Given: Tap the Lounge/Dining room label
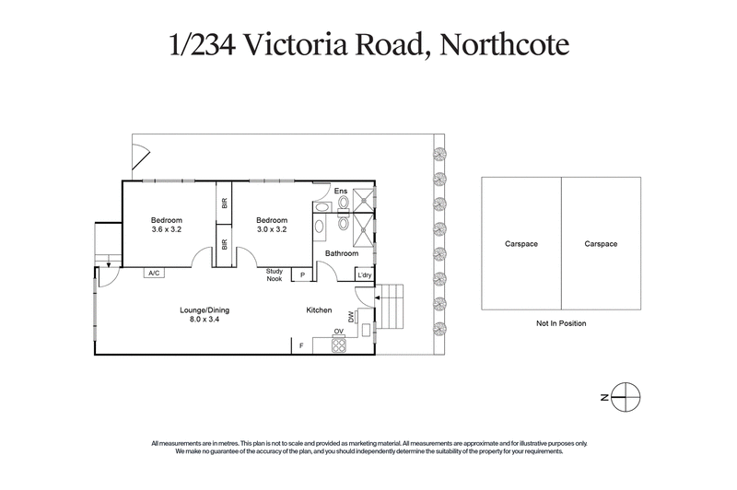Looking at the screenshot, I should pos(204,310).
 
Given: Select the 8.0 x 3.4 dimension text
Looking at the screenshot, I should pos(204,321).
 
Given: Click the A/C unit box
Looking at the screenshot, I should pos(154,274).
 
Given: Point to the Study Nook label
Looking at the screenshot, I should pos(275,274).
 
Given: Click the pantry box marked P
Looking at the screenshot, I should pos(301,274).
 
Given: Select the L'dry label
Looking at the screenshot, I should pos(365,274).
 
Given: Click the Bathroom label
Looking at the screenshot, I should pos(341,252).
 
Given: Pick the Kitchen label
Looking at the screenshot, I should pos(319,311).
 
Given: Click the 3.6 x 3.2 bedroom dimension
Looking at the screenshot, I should pos(167,230).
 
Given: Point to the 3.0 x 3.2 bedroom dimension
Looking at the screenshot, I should pos(272,230).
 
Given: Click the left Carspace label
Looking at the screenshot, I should pos(521,244).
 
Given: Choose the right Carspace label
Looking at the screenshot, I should pos(601,244).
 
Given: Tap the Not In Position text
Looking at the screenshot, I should pos(560,323).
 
